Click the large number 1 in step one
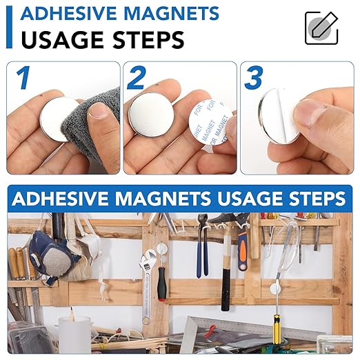[x=24, y=77]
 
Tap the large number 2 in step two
[x=137, y=78]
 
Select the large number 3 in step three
[x=253, y=78]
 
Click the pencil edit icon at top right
[x=321, y=28]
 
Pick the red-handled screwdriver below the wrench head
[x=161, y=283]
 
